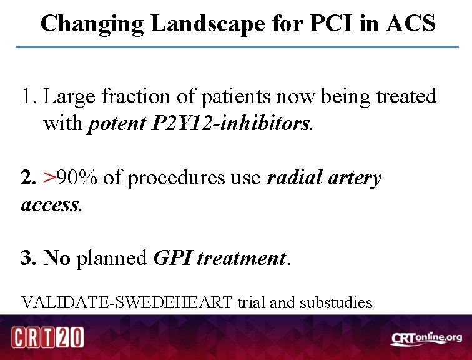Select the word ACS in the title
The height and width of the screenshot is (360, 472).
point(411,24)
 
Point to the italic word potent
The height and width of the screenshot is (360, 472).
point(117,124)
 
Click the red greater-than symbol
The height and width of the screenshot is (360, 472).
point(49,178)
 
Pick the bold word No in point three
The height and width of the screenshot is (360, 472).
point(57,258)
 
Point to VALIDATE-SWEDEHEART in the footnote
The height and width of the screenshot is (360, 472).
point(127,303)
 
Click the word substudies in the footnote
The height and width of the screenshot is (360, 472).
point(336,303)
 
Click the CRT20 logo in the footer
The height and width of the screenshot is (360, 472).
point(48,337)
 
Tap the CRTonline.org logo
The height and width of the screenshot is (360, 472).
point(426,338)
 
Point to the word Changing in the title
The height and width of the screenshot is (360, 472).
point(92,24)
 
